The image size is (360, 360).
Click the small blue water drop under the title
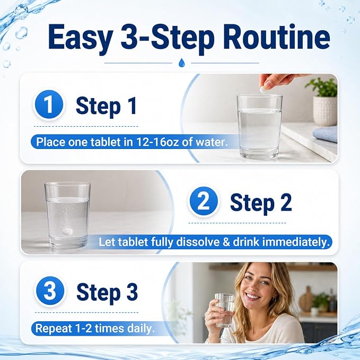point(181,62)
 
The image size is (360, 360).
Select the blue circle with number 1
point(49,105)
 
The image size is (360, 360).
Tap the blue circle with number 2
point(204,201)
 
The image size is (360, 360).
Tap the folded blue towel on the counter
point(326,135)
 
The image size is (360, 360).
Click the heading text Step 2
point(261,202)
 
